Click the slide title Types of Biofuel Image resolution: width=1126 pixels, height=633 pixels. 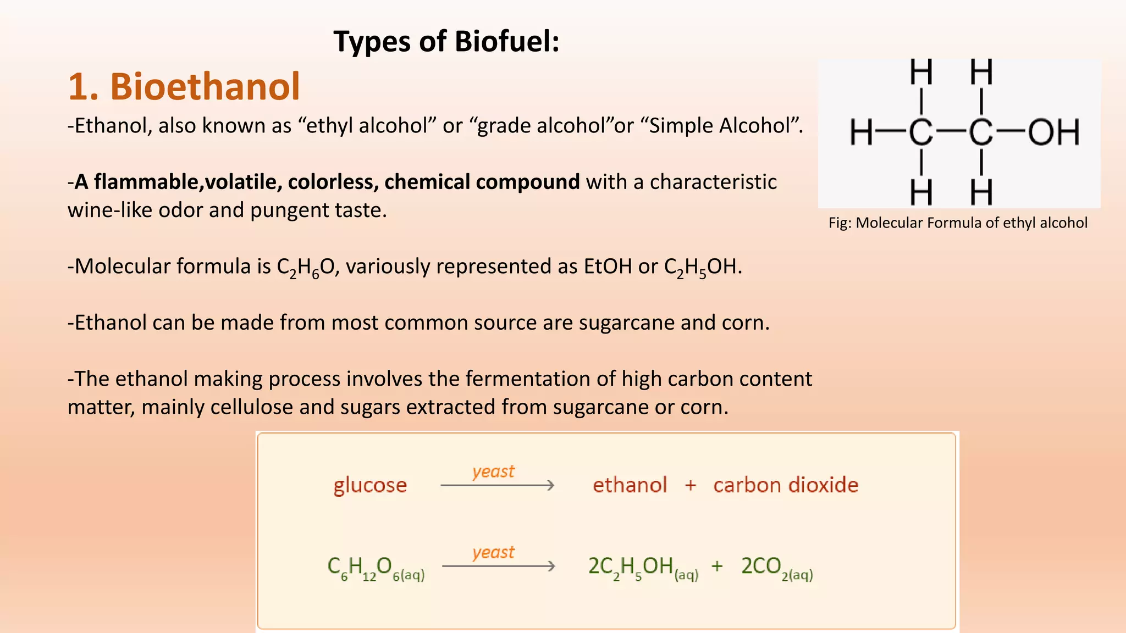[x=446, y=42]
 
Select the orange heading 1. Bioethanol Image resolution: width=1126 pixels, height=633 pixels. [x=184, y=87]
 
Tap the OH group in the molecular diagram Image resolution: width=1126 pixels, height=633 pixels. [x=1053, y=132]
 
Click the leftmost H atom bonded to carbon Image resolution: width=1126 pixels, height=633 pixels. [x=861, y=132]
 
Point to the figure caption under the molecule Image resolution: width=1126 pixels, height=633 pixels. [x=958, y=223]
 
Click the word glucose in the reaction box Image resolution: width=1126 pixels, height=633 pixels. [x=370, y=485]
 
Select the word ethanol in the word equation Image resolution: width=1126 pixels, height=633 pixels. [x=630, y=485]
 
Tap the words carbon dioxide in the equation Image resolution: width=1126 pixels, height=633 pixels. [x=785, y=485]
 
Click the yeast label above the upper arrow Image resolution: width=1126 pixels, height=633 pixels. [x=493, y=471]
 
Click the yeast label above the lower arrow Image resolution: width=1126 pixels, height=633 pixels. [x=493, y=552]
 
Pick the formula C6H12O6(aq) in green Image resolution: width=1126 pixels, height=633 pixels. [x=376, y=568]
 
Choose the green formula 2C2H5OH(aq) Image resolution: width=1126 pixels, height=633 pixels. [x=643, y=568]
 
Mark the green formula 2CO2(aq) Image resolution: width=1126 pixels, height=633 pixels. [x=776, y=568]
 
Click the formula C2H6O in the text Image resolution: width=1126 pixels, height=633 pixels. [x=306, y=267]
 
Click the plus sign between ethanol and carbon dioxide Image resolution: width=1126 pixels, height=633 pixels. [x=691, y=485]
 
